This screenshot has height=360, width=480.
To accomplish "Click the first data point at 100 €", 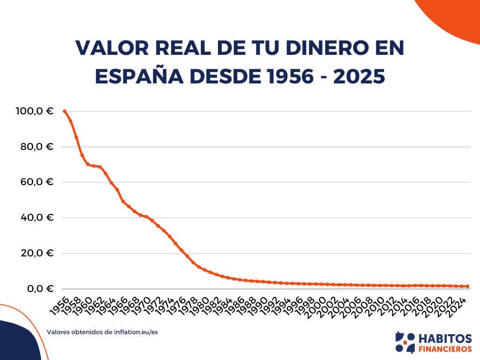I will pyautogui.click(x=65, y=111).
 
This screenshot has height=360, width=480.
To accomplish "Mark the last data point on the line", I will pyautogui.click(x=467, y=286).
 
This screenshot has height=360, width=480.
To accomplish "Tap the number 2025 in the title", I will pyautogui.click(x=360, y=76).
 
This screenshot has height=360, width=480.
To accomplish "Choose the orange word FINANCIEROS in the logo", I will pyautogui.click(x=444, y=349).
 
